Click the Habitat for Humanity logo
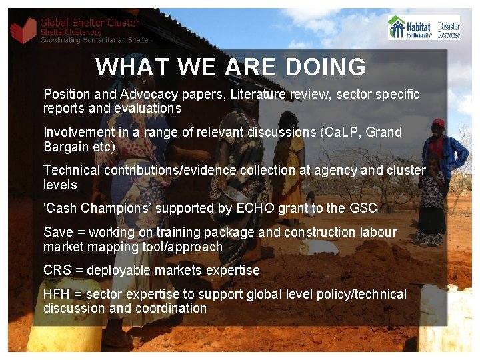coord(411,28)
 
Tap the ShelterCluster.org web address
coord(71,32)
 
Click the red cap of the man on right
coord(438,123)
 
